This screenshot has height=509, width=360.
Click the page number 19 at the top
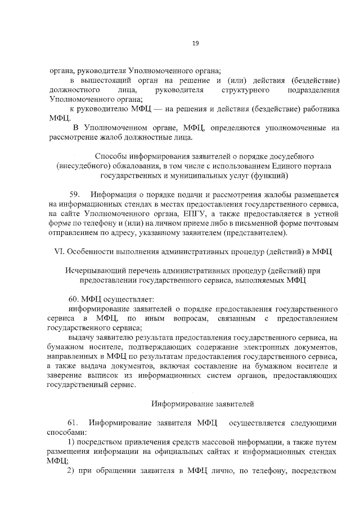pyautogui.click(x=195, y=43)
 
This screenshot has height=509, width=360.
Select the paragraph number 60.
pyautogui.click(x=74, y=298)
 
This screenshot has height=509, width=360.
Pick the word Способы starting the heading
pyautogui.click(x=110, y=155)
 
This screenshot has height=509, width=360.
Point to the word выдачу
pyautogui.click(x=81, y=337)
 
